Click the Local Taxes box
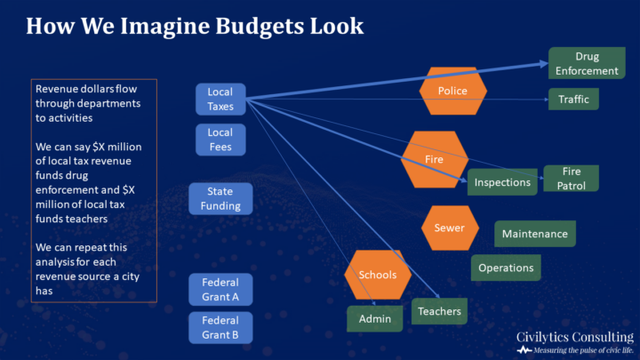coord(220,99)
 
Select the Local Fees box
coord(220,139)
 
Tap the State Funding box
coord(220,198)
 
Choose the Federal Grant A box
coord(220,290)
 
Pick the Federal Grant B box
coord(220,328)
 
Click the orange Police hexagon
coord(452,91)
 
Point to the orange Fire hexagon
coord(435,159)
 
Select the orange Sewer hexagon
coord(449,228)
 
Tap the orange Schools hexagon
coord(378,275)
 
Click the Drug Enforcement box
coord(584,63)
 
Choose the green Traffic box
coord(573,100)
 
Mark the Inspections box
coord(502,182)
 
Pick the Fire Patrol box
coord(571,178)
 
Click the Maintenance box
coord(534,234)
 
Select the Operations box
coord(506,268)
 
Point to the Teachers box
coord(439,310)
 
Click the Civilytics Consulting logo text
coord(574,337)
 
